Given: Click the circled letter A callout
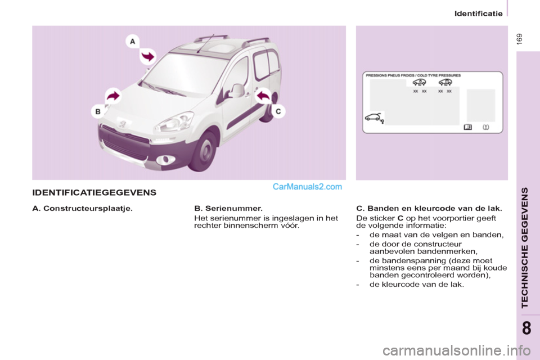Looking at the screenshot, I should (x=133, y=41).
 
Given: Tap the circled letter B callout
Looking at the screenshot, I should (x=98, y=111).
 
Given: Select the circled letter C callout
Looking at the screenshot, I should (x=278, y=111).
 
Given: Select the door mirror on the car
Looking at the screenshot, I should (x=236, y=90).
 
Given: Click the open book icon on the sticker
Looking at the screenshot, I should (x=467, y=127).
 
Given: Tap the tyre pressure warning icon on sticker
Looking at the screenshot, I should (x=485, y=127).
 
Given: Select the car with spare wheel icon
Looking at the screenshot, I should (x=373, y=118).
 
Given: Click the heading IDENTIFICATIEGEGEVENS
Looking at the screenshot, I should (x=94, y=192).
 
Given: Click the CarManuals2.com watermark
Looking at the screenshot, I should (x=307, y=187).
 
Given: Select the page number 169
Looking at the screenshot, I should (x=519, y=40).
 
